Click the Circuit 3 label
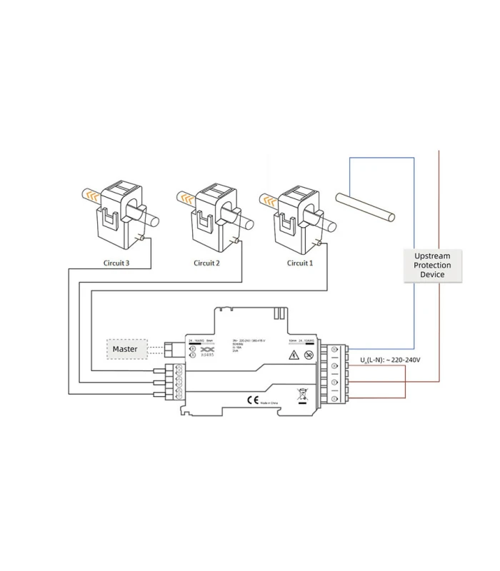(x=116, y=263)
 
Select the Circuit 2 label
(x=206, y=263)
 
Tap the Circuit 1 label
(x=300, y=263)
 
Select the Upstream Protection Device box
(x=432, y=265)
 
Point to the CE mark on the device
(x=251, y=400)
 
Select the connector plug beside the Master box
(x=171, y=349)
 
